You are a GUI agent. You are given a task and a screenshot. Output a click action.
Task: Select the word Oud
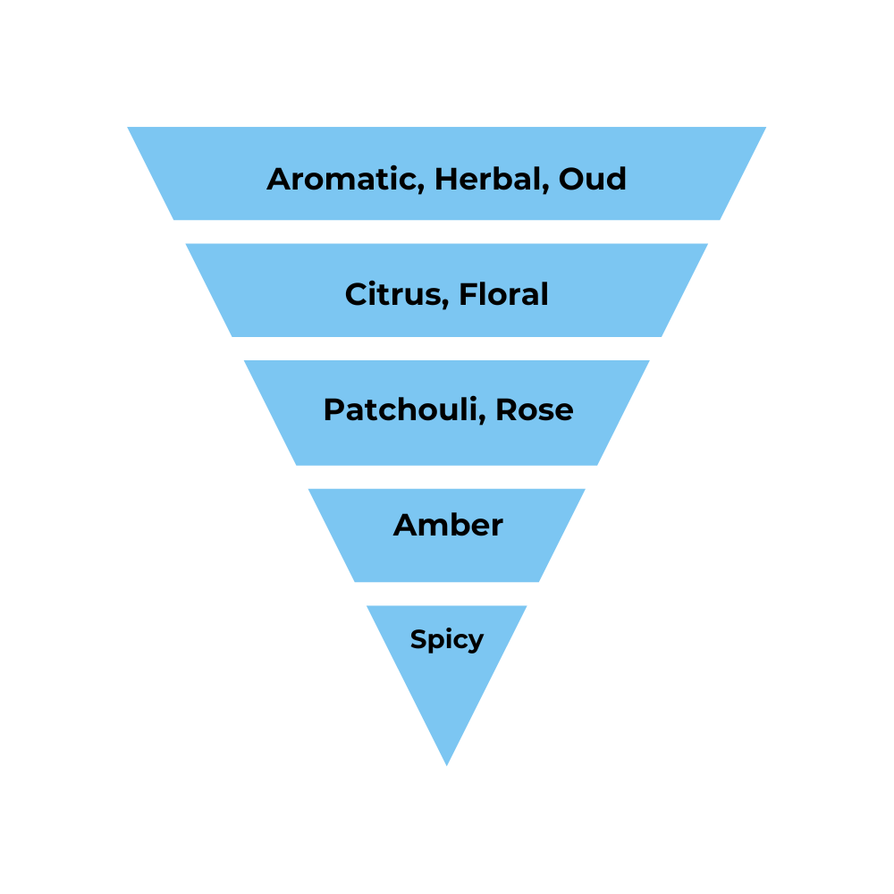click(593, 179)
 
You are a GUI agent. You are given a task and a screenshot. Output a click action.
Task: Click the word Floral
click(503, 294)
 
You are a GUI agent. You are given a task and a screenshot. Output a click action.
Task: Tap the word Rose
click(535, 410)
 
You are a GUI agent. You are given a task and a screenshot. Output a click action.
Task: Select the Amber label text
click(448, 525)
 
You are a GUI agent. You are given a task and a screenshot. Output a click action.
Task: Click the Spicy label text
click(447, 639)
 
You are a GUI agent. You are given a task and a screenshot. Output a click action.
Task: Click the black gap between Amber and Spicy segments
click(447, 594)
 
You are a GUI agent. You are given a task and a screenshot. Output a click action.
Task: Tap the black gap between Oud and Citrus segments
click(447, 232)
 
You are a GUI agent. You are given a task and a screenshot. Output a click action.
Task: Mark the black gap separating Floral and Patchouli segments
click(447, 349)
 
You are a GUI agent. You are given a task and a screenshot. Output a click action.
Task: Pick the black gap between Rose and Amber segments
click(447, 477)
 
